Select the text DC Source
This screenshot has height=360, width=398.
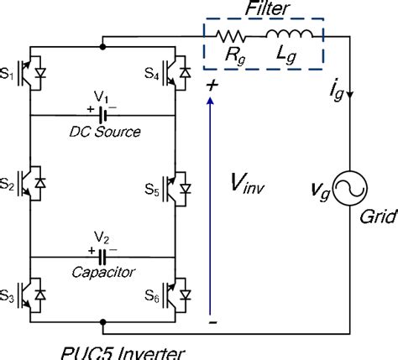105,132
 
